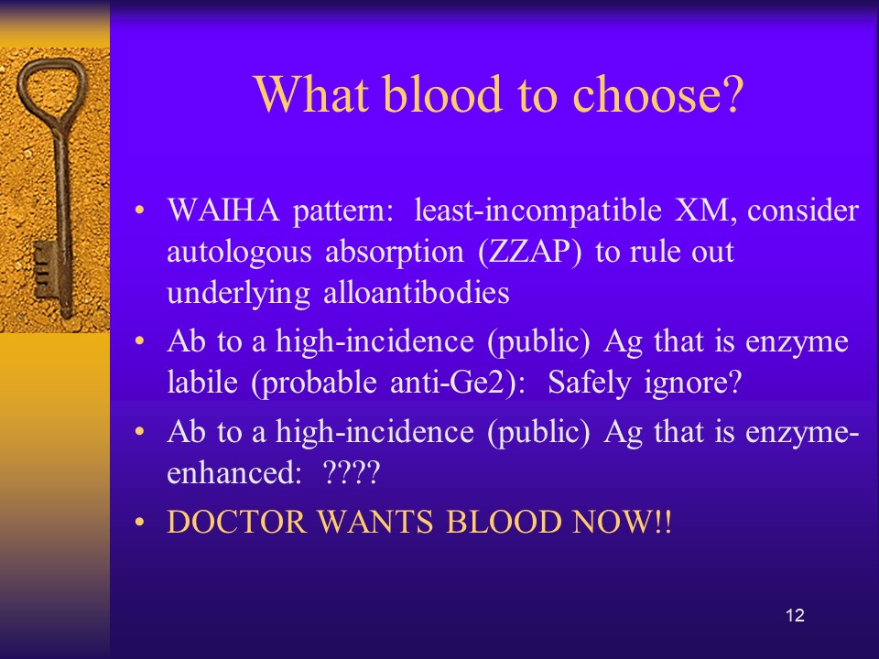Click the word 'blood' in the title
coord(442,93)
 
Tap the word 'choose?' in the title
coord(658,93)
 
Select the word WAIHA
coord(223,211)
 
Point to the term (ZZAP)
coord(530,253)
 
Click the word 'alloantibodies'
coord(417,293)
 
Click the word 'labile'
coord(202,383)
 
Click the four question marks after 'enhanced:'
coord(352,472)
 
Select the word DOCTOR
coord(236,522)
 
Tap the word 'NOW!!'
coord(622,522)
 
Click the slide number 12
coord(795,615)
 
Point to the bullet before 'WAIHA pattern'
coord(139,211)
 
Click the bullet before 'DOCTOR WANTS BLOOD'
coord(139,523)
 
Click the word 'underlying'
coord(239,294)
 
